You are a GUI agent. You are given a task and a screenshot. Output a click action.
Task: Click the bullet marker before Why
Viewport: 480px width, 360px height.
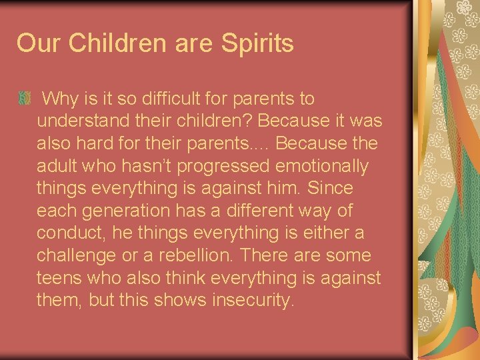point(25,99)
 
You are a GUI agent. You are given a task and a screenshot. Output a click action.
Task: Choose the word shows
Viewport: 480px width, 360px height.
point(175,301)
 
